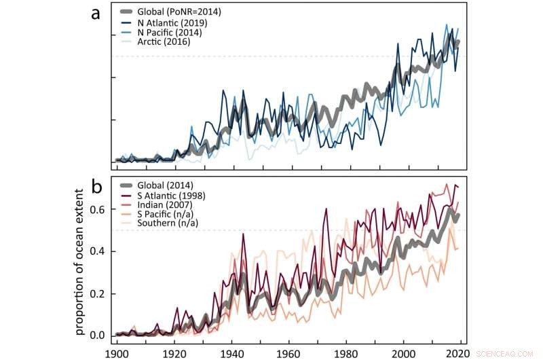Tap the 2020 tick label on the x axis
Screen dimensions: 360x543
(462, 353)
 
